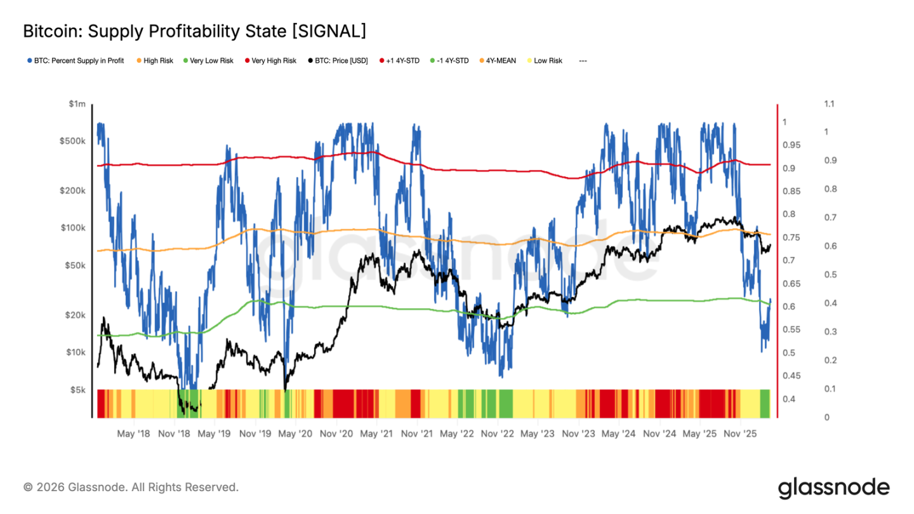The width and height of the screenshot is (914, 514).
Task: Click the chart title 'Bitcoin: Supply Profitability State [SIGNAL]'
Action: (194, 31)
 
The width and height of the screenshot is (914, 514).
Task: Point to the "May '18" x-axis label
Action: (134, 435)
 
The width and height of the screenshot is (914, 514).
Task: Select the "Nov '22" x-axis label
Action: (498, 435)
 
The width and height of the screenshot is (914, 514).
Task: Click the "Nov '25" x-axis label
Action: (740, 435)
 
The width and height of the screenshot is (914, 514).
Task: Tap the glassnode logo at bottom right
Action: (833, 488)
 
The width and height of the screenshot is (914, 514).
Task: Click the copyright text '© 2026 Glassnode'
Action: (131, 487)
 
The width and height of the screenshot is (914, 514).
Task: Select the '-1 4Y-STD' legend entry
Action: (451, 61)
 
